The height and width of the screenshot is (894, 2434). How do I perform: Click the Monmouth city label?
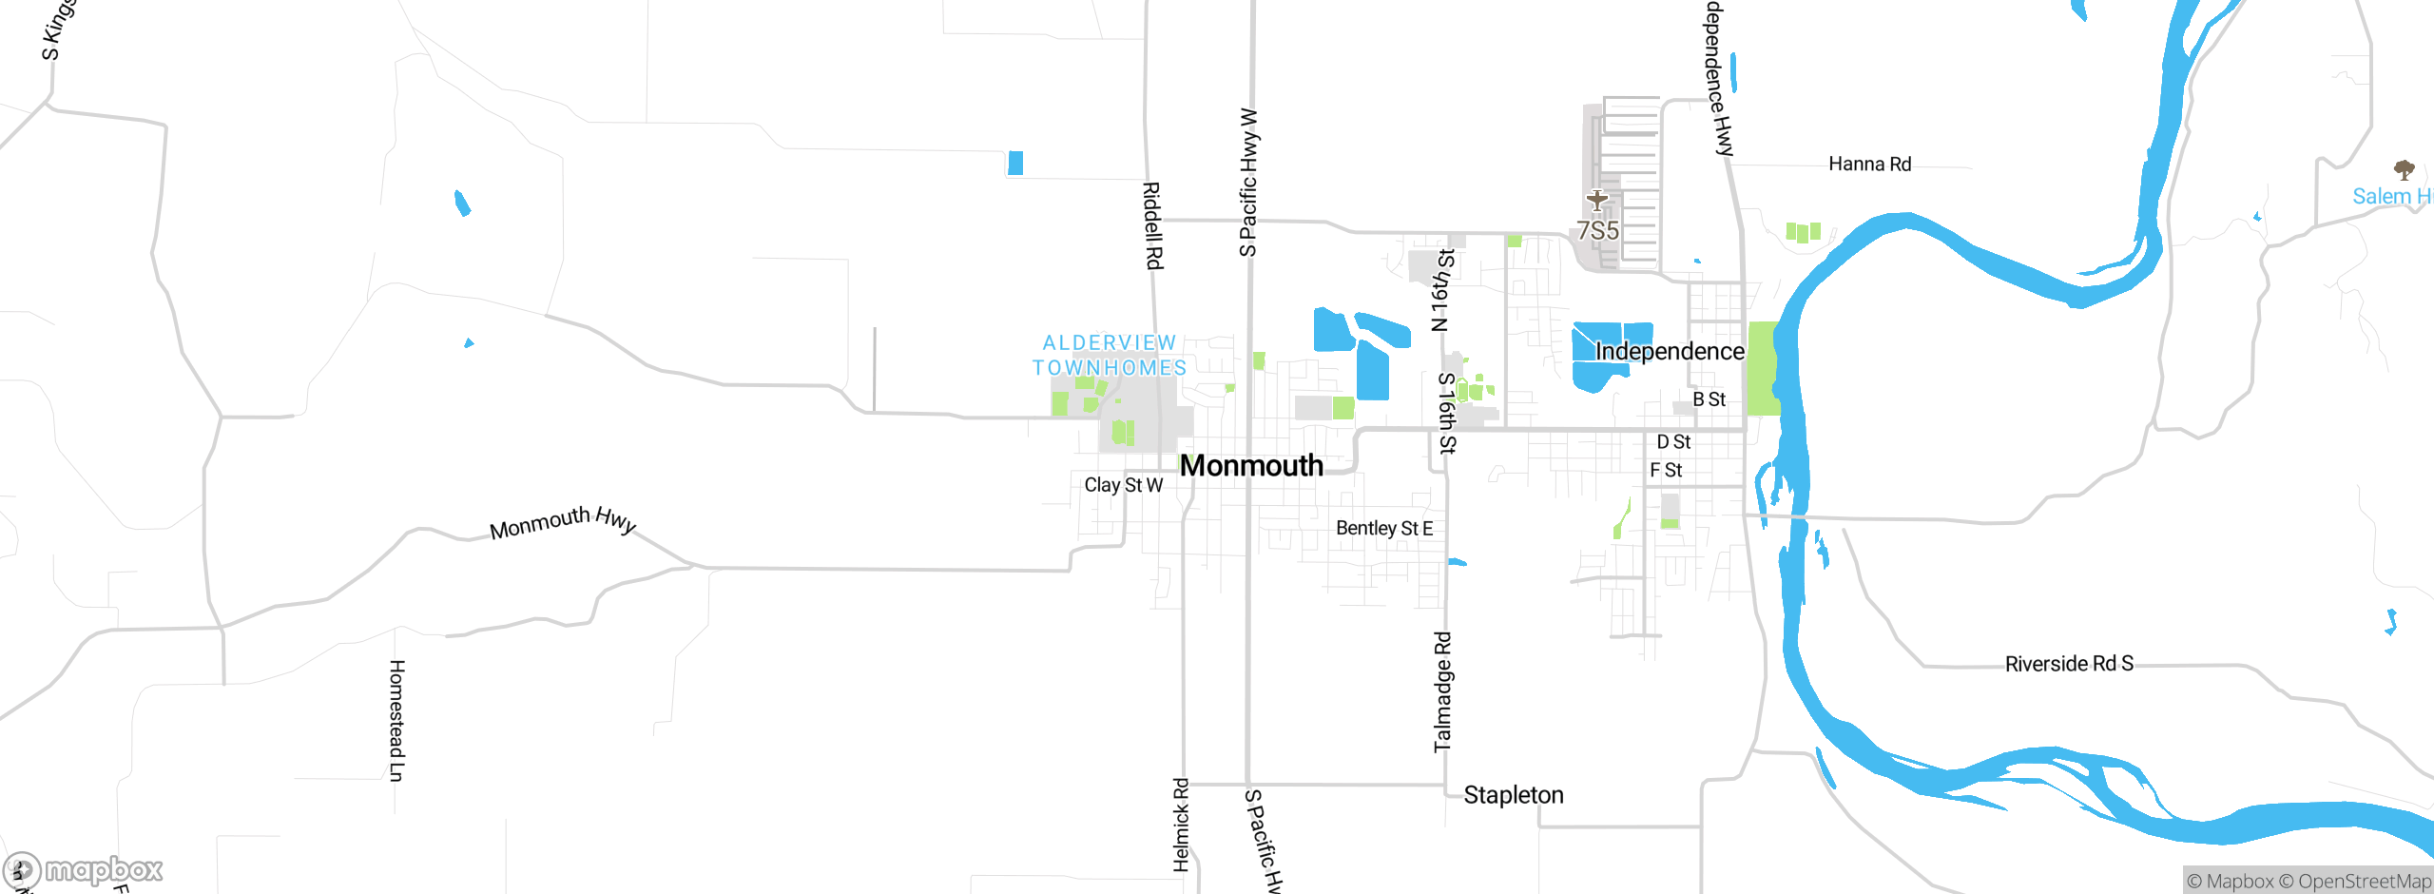click(1251, 465)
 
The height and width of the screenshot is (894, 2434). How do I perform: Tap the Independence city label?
click(1670, 351)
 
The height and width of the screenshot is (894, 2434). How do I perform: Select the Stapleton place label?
click(1514, 794)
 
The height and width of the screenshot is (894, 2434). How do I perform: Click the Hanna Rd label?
click(1869, 164)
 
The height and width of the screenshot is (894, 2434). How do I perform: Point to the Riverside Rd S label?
click(2069, 663)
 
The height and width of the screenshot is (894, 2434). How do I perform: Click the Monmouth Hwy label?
click(562, 522)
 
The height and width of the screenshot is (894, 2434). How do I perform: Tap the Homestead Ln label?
click(396, 720)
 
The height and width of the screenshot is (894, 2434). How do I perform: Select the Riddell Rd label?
click(1152, 225)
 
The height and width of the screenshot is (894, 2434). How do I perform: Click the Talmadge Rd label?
click(1442, 691)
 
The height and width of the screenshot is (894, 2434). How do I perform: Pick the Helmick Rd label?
click(1181, 824)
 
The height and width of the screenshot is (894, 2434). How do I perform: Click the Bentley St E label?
click(1383, 528)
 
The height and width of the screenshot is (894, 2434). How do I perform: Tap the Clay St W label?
click(1123, 485)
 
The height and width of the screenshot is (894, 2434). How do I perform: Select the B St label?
click(1709, 399)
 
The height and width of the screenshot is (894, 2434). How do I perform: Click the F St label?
click(1666, 470)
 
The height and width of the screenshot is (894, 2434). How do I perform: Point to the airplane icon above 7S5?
click(1596, 201)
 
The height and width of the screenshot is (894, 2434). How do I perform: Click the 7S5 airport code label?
click(1597, 230)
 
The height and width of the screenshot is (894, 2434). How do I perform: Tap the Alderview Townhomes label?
click(1110, 355)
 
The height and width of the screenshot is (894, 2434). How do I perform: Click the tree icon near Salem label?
click(2405, 170)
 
